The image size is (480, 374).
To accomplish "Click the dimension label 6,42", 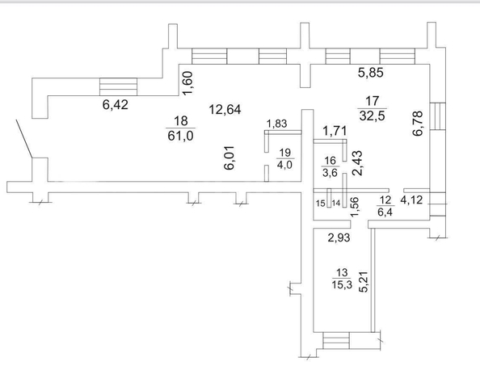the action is (115, 105).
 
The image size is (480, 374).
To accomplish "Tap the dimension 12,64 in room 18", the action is (225, 109).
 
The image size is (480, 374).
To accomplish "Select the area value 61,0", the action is (181, 136).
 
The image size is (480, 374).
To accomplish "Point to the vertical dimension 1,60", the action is (187, 83).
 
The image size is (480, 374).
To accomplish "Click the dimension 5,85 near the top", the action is (371, 73).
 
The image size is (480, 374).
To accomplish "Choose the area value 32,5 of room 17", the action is (372, 116).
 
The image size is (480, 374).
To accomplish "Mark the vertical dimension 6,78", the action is (418, 123).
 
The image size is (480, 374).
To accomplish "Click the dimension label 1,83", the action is (276, 124).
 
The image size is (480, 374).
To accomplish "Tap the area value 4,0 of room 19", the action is (284, 166).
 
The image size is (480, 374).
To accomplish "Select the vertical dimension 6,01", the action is (229, 158).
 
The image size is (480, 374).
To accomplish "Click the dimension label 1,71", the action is (335, 132).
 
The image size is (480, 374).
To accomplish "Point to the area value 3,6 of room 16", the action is (330, 173).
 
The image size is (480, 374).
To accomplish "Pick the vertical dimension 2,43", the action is (357, 163).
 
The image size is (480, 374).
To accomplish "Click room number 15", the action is (321, 204).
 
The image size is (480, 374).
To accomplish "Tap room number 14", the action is (336, 203).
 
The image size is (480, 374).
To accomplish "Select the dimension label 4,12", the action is (412, 200).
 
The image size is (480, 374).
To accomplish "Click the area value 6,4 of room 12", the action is (385, 212).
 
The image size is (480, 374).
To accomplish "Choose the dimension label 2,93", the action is (339, 237).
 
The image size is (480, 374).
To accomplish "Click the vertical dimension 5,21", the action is (364, 282).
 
